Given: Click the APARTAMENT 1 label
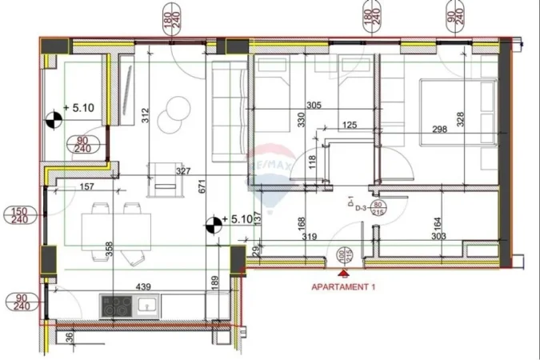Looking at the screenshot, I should click(342, 285).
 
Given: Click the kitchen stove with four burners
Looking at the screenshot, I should click(117, 306).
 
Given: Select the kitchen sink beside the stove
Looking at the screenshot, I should click(148, 306).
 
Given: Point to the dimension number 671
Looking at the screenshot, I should click(203, 187).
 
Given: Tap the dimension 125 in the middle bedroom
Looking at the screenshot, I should click(349, 125).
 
